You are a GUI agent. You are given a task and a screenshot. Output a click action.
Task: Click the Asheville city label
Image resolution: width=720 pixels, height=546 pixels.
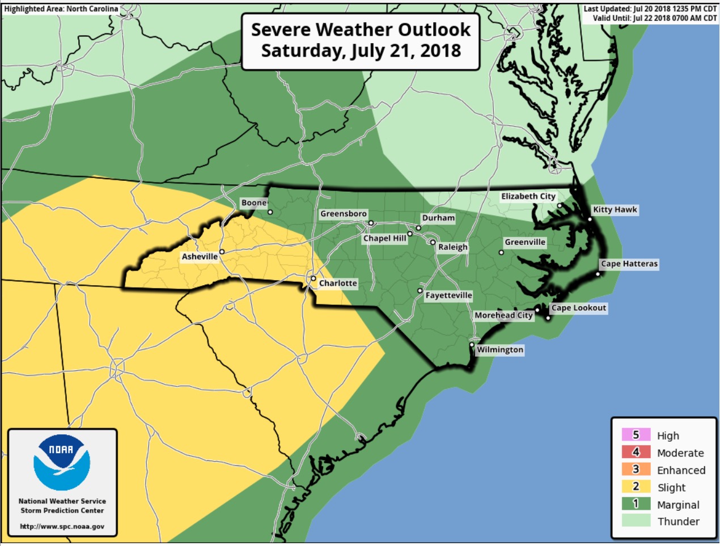[x=200, y=257]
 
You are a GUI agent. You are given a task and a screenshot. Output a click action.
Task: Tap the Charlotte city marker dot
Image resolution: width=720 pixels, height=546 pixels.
[x=313, y=278]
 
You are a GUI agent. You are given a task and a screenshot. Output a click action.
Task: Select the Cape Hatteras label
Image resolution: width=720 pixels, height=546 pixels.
[x=629, y=264]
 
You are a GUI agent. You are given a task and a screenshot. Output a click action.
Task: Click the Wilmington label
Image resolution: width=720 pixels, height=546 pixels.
[x=499, y=350]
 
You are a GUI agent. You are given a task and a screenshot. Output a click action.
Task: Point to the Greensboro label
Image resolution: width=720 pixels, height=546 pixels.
[x=344, y=214]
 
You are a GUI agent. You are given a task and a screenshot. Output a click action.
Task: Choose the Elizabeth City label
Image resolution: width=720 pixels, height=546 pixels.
[x=528, y=196]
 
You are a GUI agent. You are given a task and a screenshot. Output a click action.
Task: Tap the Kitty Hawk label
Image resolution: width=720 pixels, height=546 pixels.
[x=615, y=210]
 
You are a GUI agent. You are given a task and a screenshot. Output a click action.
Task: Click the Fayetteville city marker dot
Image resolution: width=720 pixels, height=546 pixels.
[x=420, y=291]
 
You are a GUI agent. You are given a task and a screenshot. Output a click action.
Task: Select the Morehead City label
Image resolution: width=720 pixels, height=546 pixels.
[x=503, y=315]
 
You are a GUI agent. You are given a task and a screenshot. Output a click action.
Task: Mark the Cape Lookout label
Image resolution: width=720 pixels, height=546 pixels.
[x=579, y=308]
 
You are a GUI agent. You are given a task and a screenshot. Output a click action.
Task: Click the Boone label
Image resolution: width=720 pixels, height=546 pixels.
[x=253, y=203]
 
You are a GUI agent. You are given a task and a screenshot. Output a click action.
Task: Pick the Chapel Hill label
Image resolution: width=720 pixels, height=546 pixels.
[x=385, y=238]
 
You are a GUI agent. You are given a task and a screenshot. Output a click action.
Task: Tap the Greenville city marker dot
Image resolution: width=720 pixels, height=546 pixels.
[x=501, y=252]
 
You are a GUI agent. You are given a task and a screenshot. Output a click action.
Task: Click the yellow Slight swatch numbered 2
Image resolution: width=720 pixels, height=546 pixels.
[x=636, y=486]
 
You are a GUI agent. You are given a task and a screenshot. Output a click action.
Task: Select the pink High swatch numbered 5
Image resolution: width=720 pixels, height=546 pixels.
[x=636, y=435]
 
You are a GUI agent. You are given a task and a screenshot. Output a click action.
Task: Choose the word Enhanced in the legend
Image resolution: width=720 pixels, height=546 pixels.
[x=681, y=470]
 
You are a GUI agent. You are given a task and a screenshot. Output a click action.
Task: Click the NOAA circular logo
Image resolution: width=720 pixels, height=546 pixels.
[x=62, y=463]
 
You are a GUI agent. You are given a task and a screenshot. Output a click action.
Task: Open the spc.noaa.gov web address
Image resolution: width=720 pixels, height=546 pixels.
[x=62, y=526]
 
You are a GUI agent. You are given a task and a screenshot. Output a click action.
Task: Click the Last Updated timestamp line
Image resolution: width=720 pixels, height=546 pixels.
[x=650, y=9]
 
